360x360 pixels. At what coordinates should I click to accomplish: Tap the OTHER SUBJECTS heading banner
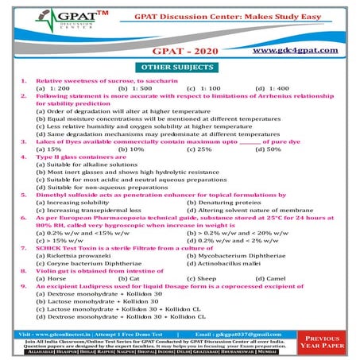[180, 69]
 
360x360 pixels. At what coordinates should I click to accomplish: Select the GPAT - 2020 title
[180, 50]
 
